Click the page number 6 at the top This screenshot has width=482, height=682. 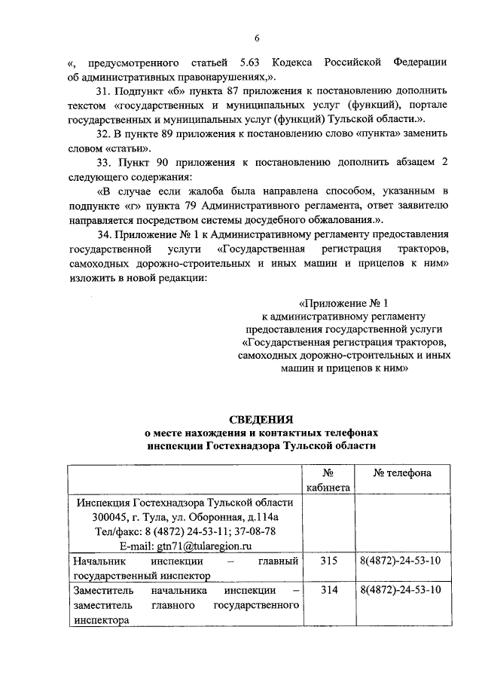click(257, 38)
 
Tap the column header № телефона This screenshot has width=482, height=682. click(402, 473)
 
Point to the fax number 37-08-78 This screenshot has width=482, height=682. click(254, 531)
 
